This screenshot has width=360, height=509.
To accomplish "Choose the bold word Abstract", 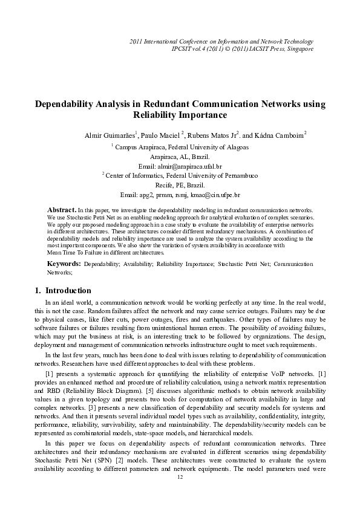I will tap(61, 208).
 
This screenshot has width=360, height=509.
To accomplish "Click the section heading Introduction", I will tap(68, 291).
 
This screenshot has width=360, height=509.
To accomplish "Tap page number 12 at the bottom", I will tap(180, 478).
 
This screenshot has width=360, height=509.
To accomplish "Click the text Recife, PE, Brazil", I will tap(180, 185).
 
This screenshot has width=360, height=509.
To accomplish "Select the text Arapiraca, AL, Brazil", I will tap(180, 156).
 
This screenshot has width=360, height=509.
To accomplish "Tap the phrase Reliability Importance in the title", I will tap(180, 115).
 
